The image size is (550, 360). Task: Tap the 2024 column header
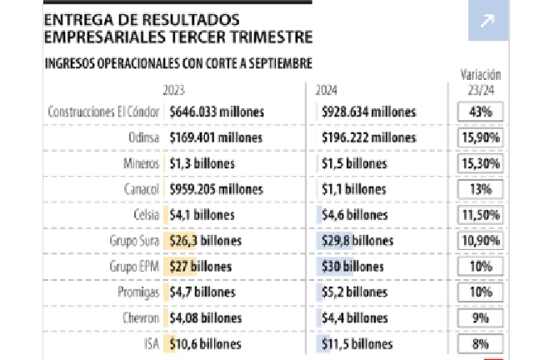tap(326, 90)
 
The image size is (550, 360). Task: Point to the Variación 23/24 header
tap(480, 82)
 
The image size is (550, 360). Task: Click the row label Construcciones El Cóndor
tap(105, 111)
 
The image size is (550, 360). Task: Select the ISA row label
tap(152, 343)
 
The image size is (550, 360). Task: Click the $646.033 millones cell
tap(216, 111)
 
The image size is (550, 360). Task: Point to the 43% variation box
tap(480, 112)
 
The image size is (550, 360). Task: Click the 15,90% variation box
tap(480, 137)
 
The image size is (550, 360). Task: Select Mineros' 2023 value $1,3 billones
tap(202, 163)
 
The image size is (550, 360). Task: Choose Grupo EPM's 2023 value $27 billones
tap(200, 267)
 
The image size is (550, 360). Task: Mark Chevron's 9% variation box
tap(480, 317)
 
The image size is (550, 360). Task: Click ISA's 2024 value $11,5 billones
tap(357, 343)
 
